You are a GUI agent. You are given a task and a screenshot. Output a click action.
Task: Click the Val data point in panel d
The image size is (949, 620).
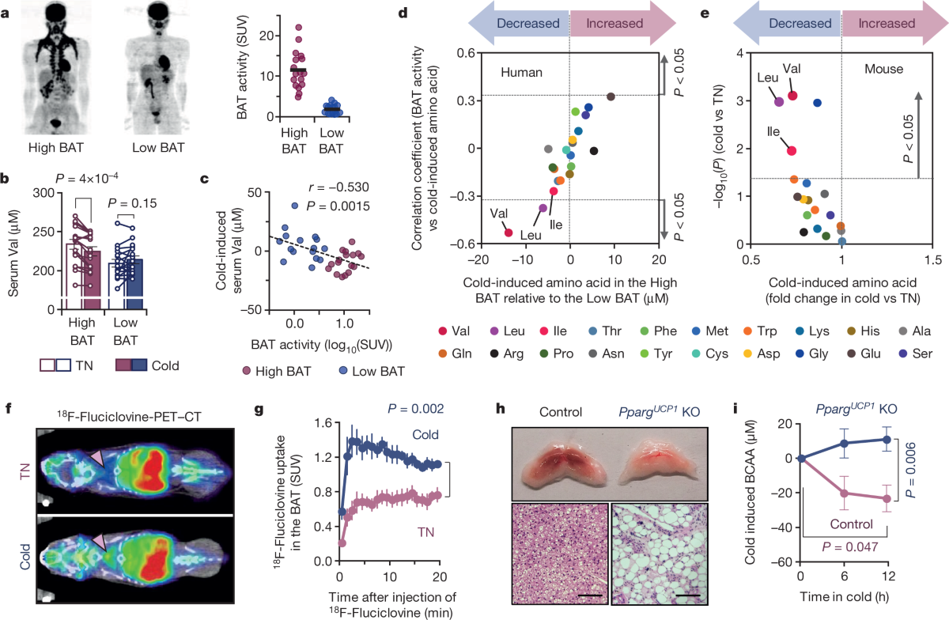click(x=509, y=232)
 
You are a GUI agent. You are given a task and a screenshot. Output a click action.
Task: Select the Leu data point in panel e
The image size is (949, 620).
click(x=779, y=102)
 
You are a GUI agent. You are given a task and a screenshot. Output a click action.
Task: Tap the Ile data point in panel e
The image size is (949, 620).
click(x=792, y=150)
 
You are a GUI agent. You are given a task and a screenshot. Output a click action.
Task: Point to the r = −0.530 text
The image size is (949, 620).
click(x=338, y=187)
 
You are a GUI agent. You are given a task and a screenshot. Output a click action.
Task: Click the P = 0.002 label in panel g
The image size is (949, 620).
click(x=416, y=409)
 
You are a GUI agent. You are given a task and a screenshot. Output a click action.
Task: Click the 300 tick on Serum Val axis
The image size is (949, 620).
click(x=44, y=193)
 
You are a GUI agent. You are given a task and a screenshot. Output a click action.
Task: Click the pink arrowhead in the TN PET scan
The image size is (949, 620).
click(x=96, y=459)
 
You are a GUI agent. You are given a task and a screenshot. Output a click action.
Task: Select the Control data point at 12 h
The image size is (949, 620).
click(x=887, y=498)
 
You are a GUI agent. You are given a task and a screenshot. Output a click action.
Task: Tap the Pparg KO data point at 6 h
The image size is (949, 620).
click(x=845, y=444)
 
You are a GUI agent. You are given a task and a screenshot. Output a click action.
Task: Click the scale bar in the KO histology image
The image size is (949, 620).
click(x=688, y=595)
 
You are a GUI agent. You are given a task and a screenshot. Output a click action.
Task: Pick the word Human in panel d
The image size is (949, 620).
click(x=521, y=73)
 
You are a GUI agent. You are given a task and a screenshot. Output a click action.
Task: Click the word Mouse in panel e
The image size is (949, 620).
click(x=884, y=69)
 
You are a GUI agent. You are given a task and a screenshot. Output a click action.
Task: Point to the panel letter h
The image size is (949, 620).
click(x=501, y=410)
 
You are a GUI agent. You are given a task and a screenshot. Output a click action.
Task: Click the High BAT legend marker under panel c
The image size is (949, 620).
click(x=246, y=371)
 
